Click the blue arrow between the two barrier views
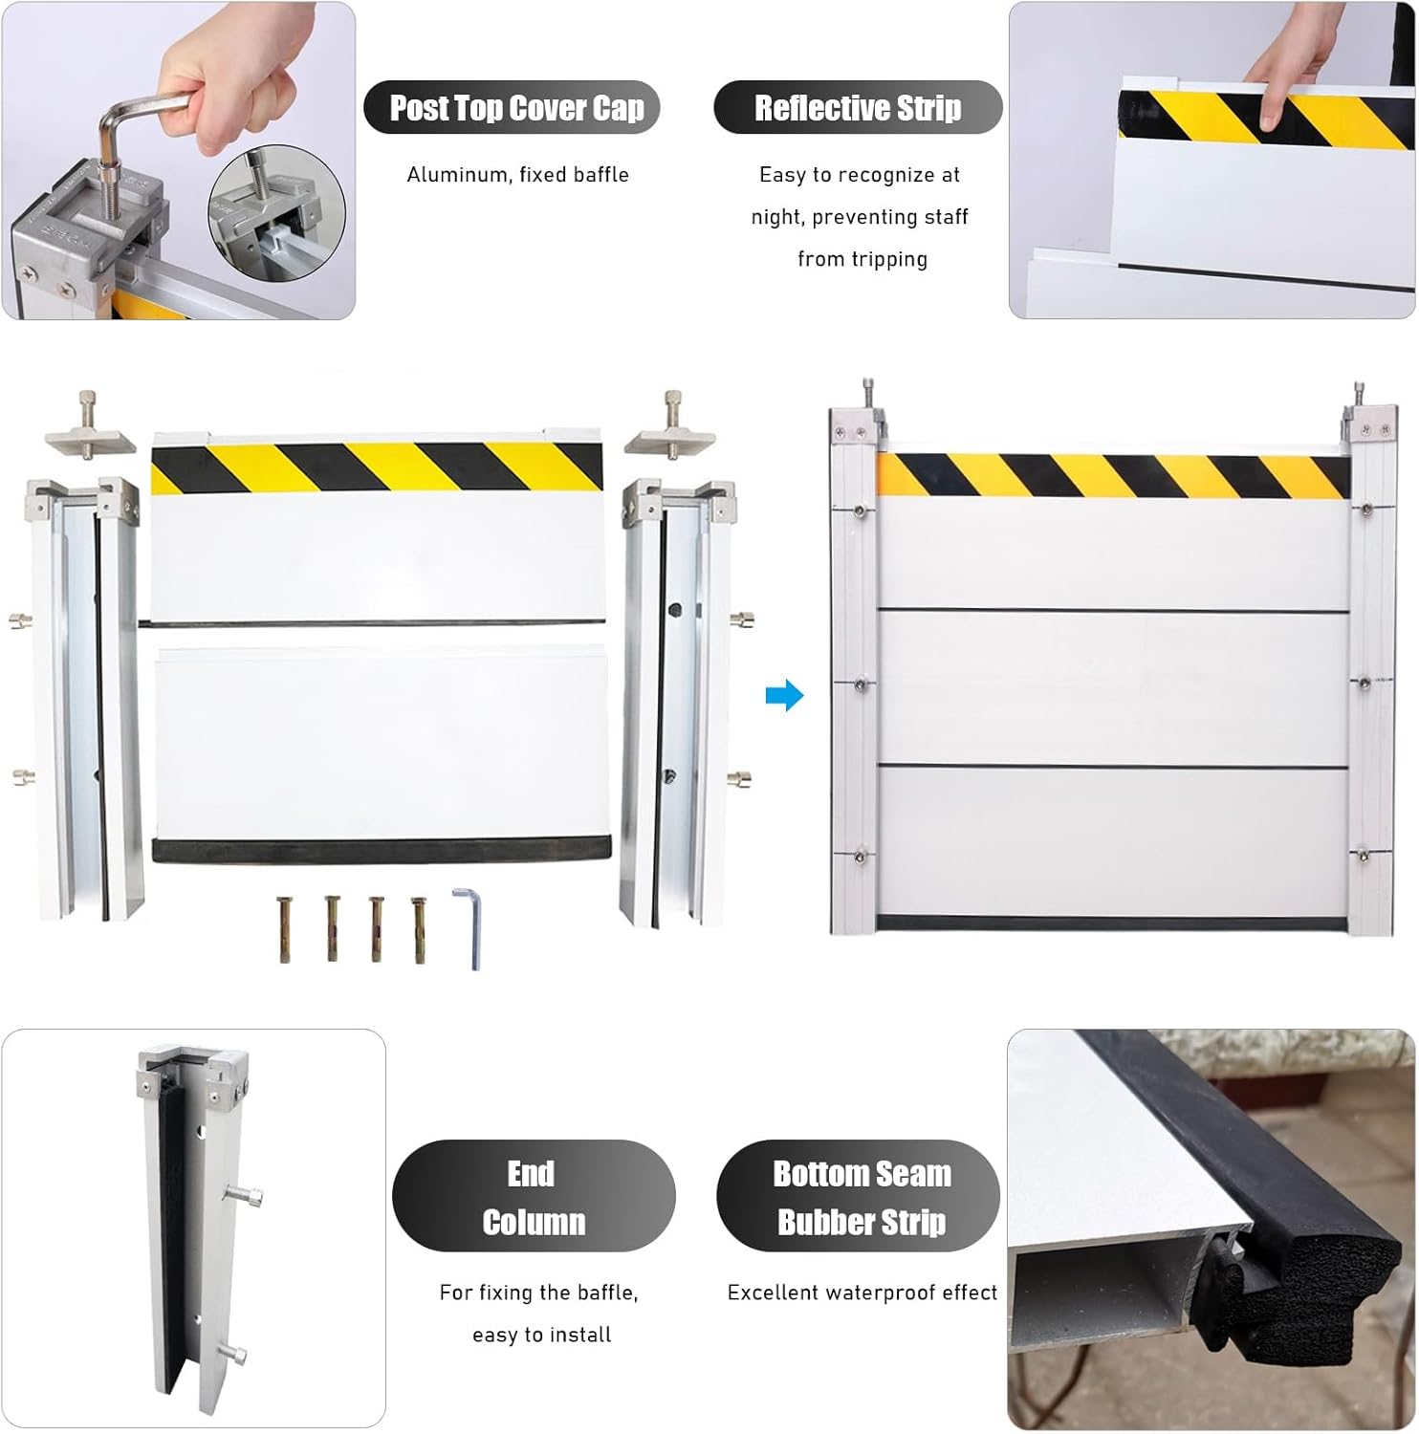tap(784, 696)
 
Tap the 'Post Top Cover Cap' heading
tap(516, 108)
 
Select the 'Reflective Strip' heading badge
tap(857, 108)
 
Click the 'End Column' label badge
tap(534, 1197)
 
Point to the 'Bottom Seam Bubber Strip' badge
tap(861, 1197)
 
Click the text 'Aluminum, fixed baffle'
tap(517, 175)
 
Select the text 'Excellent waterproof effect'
tap(862, 1293)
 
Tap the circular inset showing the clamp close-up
tap(276, 212)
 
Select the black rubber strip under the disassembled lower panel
tap(381, 849)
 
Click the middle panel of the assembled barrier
tap(1113, 688)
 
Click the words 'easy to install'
tap(541, 1335)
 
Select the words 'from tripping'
tap(862, 259)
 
